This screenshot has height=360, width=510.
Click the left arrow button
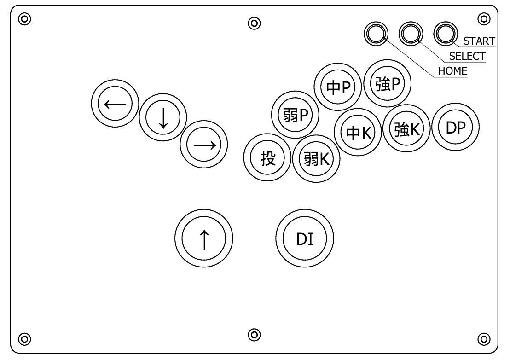[x=115, y=104]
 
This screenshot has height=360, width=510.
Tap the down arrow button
[x=163, y=119]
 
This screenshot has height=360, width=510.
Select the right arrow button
[x=203, y=145]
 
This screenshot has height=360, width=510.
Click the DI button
[x=305, y=239]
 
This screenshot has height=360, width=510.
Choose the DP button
[x=456, y=128]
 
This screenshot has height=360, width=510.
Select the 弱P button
[x=296, y=115]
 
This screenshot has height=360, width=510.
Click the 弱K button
[x=316, y=159]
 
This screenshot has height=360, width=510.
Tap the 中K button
[x=358, y=133]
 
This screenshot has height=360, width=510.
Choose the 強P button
[x=387, y=83]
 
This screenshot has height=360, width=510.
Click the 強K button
[x=406, y=128]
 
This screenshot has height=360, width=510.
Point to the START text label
[x=479, y=41]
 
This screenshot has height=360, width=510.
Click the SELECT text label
[x=467, y=56]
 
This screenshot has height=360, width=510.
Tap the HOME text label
[x=452, y=71]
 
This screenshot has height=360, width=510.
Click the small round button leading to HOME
[x=376, y=34]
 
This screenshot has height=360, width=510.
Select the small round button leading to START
[x=446, y=34]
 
